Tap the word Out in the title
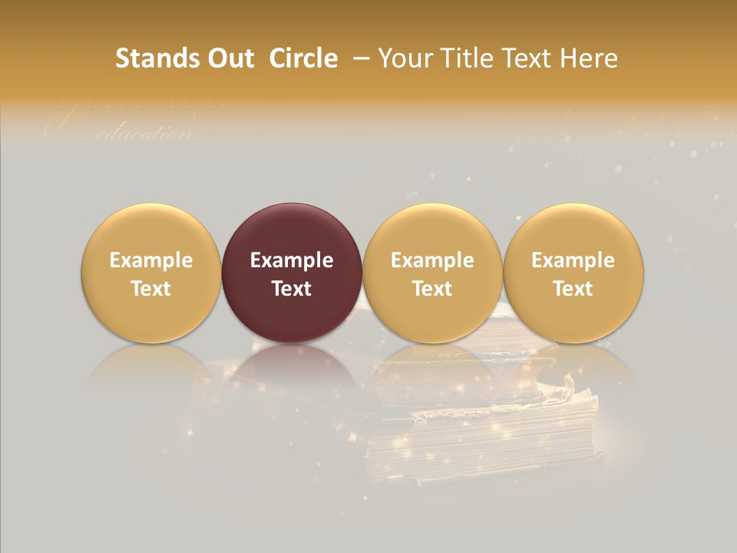(227, 58)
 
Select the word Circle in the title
(303, 58)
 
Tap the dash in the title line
(361, 58)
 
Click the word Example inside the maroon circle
(292, 260)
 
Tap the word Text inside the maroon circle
(292, 289)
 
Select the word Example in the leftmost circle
(151, 260)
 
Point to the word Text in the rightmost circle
(573, 289)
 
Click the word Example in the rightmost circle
(573, 260)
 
